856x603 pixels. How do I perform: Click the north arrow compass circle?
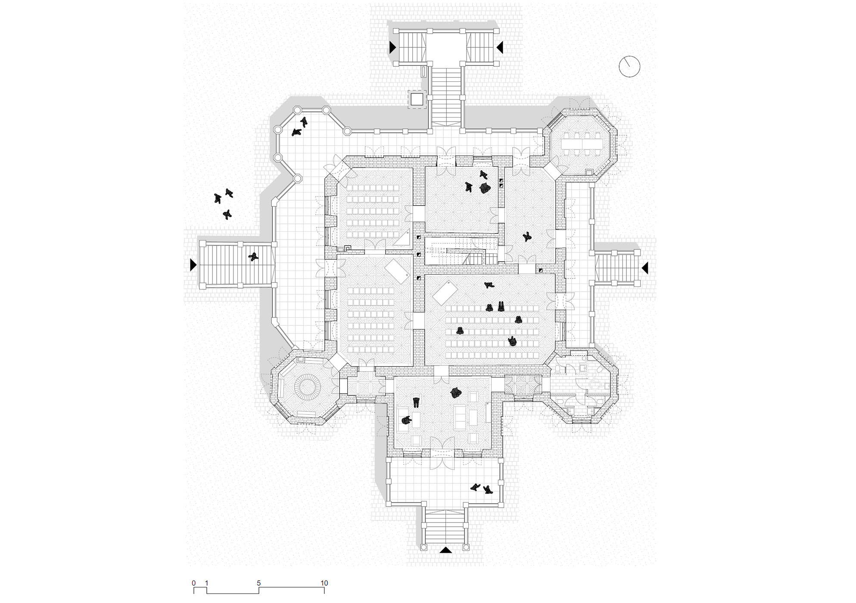[629, 67]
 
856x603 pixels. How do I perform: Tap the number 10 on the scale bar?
[324, 583]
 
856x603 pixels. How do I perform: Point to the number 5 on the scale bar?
[259, 583]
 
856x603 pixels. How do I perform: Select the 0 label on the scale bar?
[194, 583]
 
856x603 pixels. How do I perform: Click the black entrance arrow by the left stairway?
[193, 265]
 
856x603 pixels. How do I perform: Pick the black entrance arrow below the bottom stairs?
[445, 550]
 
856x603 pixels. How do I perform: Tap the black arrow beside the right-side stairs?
[644, 268]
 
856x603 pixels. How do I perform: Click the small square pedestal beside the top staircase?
[417, 99]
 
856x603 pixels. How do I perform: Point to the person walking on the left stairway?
[254, 258]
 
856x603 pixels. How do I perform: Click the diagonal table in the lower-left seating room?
[397, 270]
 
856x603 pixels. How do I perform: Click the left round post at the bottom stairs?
[423, 547]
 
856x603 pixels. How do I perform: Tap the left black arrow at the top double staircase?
[392, 47]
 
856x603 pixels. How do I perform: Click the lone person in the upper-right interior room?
[527, 236]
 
